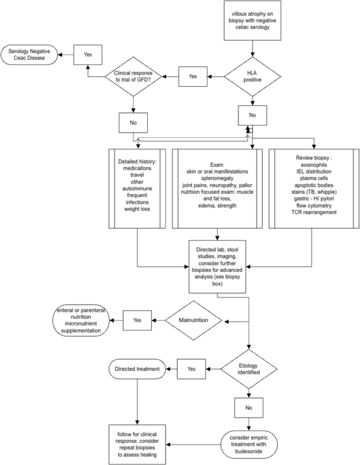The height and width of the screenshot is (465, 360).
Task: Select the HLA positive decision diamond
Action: [253, 76]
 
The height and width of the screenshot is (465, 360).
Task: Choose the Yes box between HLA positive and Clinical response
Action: [193, 76]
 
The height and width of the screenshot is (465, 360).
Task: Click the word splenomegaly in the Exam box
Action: [217, 178]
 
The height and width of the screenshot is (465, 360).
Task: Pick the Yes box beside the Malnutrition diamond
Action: [137, 319]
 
